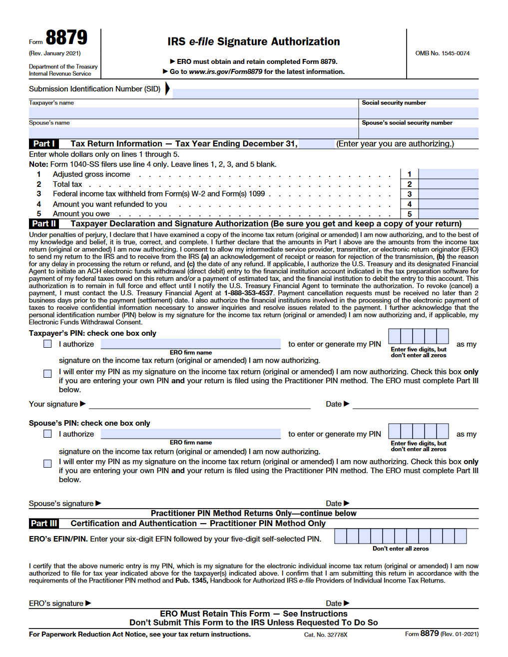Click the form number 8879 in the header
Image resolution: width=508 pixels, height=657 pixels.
(x=66, y=38)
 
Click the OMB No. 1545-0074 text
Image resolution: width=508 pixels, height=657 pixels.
(x=442, y=53)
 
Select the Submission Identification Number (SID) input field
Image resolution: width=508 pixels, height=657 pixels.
(x=325, y=93)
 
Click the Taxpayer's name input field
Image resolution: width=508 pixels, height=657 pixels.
(x=193, y=113)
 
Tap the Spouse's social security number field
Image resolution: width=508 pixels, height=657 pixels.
(x=419, y=133)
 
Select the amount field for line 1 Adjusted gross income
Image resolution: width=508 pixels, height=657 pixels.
(x=448, y=174)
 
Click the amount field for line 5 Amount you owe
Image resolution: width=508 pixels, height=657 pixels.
(x=448, y=214)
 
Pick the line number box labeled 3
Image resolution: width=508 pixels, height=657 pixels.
(x=410, y=194)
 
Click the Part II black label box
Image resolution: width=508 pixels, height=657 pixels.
(x=44, y=224)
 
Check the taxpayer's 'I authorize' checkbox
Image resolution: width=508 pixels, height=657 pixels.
(x=47, y=344)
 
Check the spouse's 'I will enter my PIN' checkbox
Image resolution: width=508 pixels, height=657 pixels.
(x=47, y=464)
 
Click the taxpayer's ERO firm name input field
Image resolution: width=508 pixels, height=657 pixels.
(x=190, y=344)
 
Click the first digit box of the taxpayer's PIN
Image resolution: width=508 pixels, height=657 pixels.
(x=395, y=336)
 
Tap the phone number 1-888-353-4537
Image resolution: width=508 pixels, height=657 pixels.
(x=248, y=293)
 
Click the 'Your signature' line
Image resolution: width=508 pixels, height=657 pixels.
(x=199, y=404)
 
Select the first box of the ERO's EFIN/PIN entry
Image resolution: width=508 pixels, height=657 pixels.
(x=340, y=536)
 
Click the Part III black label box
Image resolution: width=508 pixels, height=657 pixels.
(x=44, y=524)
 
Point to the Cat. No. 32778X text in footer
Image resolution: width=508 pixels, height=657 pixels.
(x=325, y=635)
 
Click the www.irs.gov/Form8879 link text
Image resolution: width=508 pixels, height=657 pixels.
(x=225, y=71)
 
